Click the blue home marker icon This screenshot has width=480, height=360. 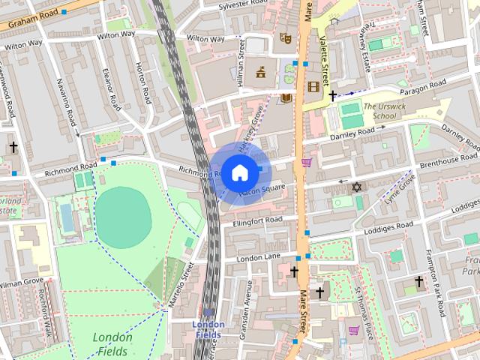(239, 172)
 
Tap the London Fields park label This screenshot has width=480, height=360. (113, 343)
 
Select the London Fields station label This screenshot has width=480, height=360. (208, 328)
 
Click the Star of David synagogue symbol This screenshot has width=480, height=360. (357, 185)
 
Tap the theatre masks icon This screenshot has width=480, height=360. (285, 37)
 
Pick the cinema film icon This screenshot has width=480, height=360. (313, 87)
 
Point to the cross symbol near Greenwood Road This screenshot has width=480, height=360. (13, 148)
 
